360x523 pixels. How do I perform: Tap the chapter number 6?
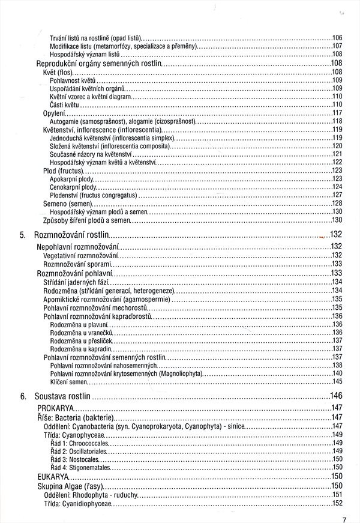click(x=22, y=396)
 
